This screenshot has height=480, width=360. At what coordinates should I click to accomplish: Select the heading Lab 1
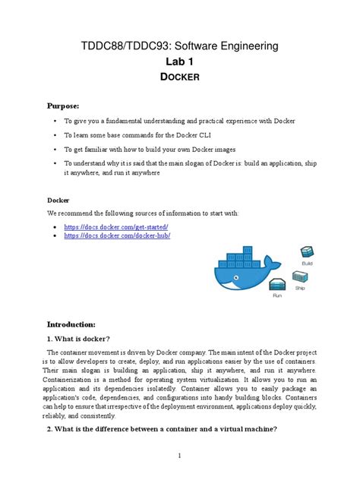click(x=180, y=66)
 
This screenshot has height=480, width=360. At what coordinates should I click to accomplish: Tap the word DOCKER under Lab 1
click(x=180, y=84)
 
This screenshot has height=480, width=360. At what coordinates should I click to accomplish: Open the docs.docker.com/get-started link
click(x=115, y=227)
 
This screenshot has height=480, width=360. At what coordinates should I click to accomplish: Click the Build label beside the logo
click(x=308, y=263)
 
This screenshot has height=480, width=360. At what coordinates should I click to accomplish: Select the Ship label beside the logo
click(x=300, y=289)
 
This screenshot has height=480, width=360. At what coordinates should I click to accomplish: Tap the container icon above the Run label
click(x=278, y=286)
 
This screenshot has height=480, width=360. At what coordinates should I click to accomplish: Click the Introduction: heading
click(x=77, y=323)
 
